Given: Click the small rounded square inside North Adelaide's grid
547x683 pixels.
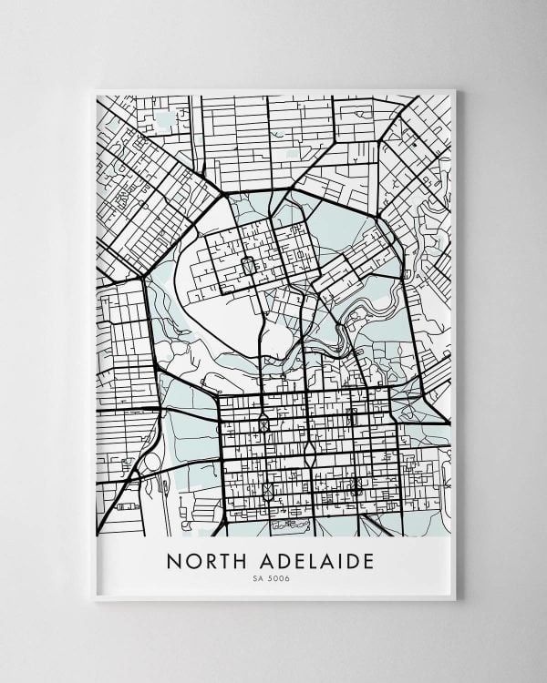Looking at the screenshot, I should tap(245, 267).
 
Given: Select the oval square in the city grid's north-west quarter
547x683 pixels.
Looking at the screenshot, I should tap(263, 423).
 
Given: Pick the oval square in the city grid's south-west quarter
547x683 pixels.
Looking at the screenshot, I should tap(266, 491).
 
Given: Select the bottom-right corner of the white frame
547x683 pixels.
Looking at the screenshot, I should tap(455, 600).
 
